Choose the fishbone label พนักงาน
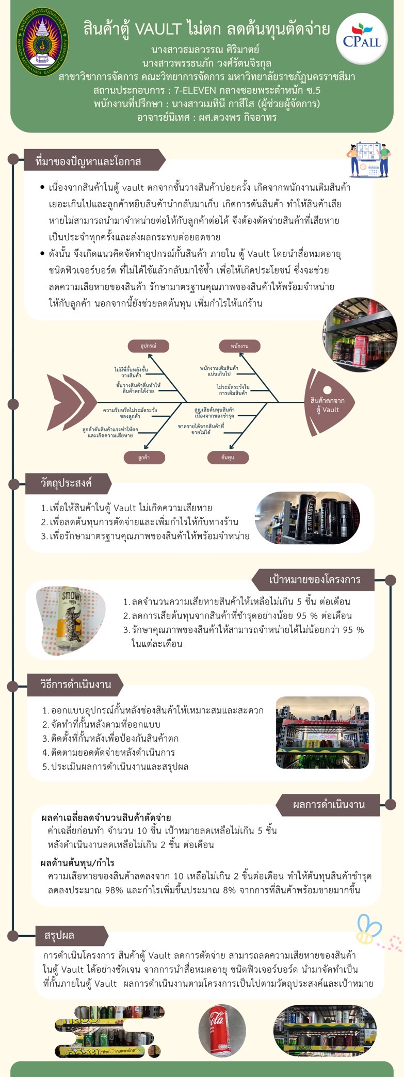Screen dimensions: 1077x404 [239, 346]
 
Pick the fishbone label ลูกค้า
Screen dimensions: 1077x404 [144, 457]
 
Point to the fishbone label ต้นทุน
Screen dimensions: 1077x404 [228, 457]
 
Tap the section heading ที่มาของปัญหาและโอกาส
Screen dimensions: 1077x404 [88, 161]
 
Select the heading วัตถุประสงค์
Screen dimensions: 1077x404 [67, 483]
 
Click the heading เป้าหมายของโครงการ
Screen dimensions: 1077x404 [314, 579]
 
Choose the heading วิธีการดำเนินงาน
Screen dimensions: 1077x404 [75, 684]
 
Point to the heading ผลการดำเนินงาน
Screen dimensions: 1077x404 [328, 804]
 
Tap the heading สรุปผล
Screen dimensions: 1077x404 [59, 935]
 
